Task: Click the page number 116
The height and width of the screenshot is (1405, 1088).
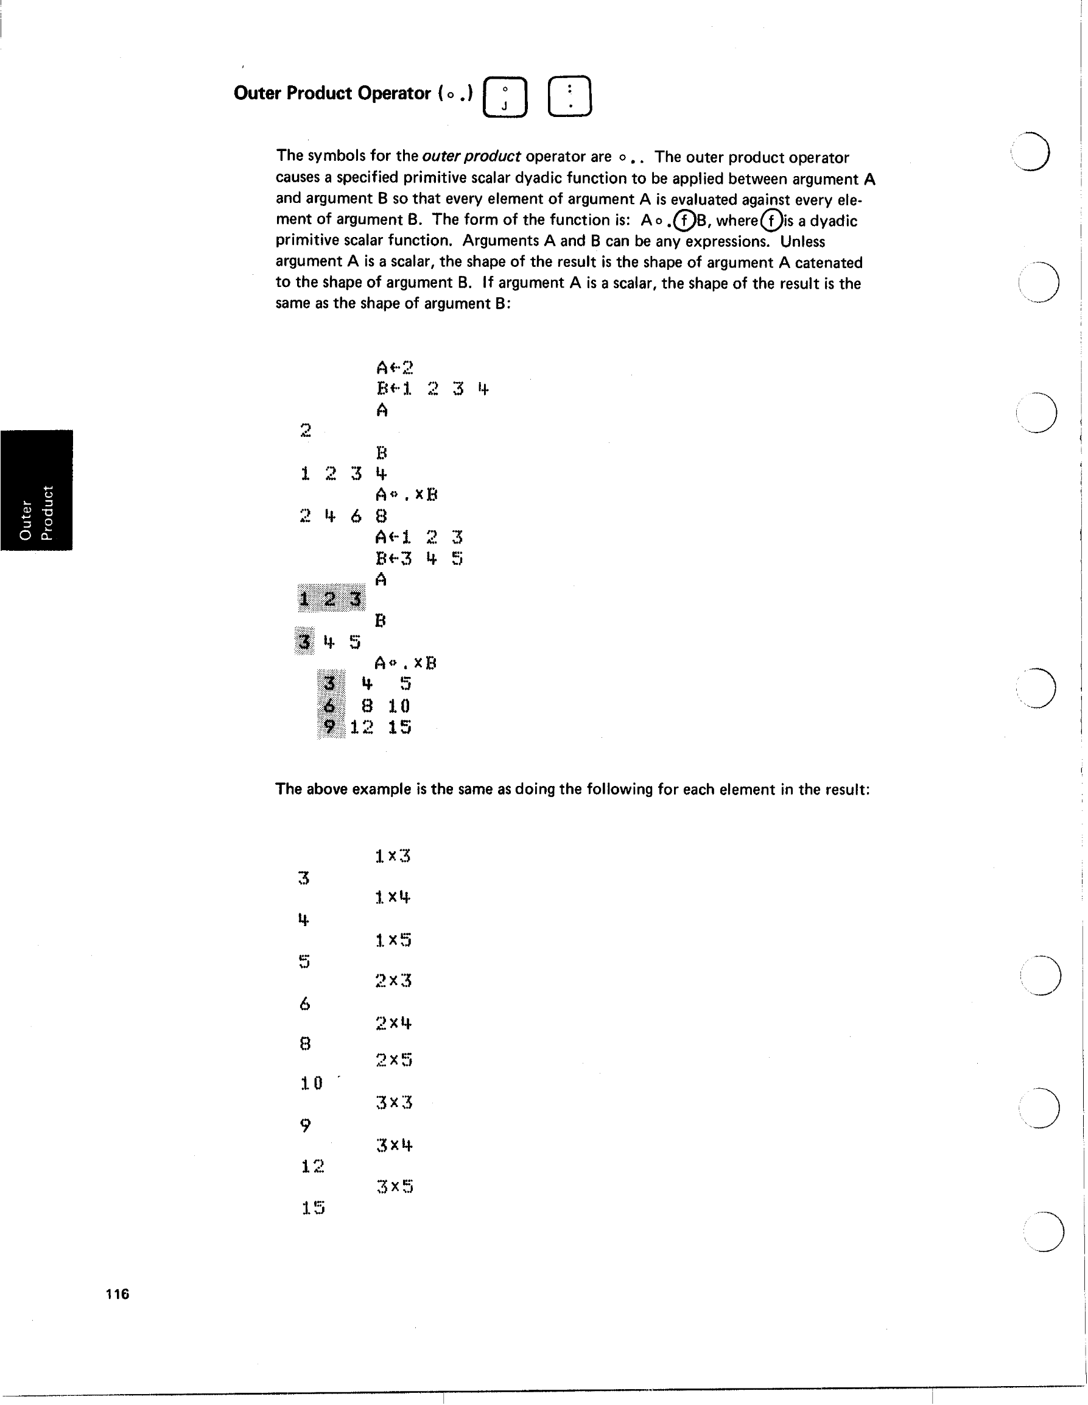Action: click(x=118, y=1294)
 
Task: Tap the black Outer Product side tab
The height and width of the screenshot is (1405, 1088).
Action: click(x=37, y=490)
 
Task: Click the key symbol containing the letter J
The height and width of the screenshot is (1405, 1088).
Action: click(x=505, y=97)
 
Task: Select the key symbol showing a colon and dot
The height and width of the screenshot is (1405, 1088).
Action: click(x=570, y=96)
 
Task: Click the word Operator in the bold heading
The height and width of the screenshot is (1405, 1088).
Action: click(x=393, y=93)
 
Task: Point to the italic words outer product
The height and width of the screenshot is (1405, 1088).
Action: click(x=471, y=157)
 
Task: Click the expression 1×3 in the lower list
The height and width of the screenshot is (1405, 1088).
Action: click(x=393, y=855)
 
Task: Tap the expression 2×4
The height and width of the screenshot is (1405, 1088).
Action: click(x=393, y=1022)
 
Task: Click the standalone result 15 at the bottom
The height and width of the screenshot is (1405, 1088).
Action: click(x=313, y=1208)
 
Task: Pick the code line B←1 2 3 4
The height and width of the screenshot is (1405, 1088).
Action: click(x=433, y=389)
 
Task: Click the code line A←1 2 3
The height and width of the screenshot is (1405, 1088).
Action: click(x=419, y=537)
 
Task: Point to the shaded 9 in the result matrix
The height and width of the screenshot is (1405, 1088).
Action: click(x=330, y=727)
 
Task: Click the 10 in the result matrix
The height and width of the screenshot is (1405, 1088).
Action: click(x=399, y=706)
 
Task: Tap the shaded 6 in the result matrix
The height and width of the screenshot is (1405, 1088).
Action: click(x=330, y=706)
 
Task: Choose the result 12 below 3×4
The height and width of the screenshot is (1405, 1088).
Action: click(x=312, y=1166)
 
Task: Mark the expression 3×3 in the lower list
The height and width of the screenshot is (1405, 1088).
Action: click(x=394, y=1103)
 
